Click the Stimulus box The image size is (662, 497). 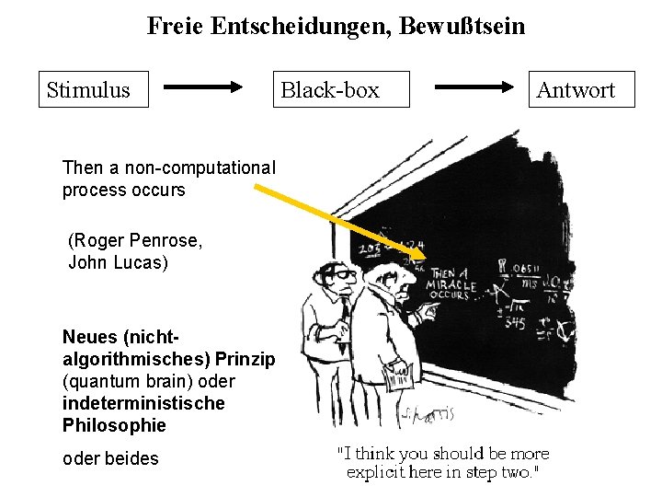(92, 90)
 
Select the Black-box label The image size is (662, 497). (330, 90)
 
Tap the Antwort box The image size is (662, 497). (576, 90)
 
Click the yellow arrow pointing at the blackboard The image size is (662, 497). (340, 222)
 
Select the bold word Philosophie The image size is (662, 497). (114, 425)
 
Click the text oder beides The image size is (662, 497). (109, 458)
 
